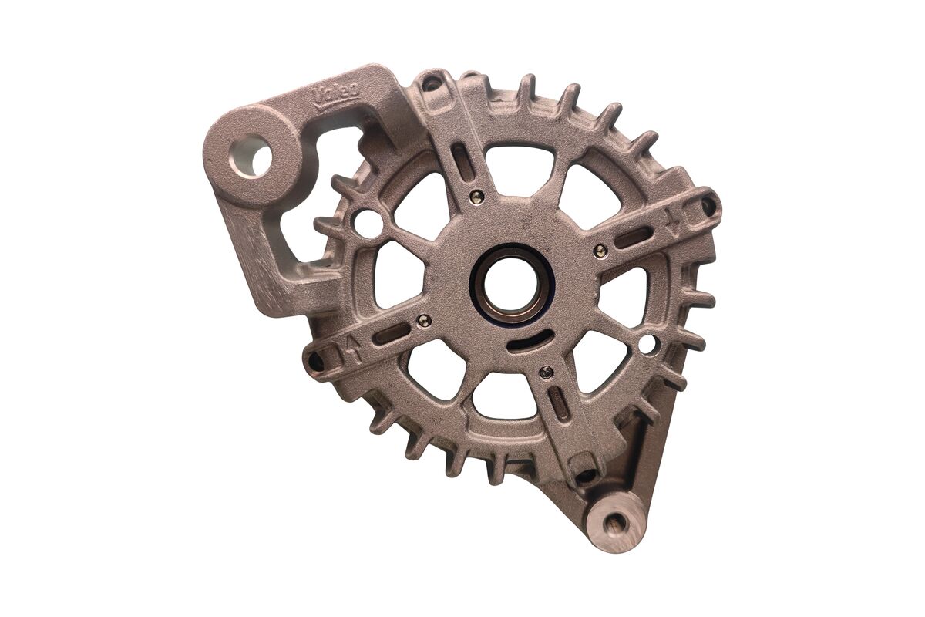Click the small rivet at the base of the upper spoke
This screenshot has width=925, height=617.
[x=478, y=195]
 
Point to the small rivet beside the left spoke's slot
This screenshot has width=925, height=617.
[x=422, y=319]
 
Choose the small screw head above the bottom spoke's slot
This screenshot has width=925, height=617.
[x=546, y=373]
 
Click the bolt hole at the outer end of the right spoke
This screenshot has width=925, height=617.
[x=708, y=205]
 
